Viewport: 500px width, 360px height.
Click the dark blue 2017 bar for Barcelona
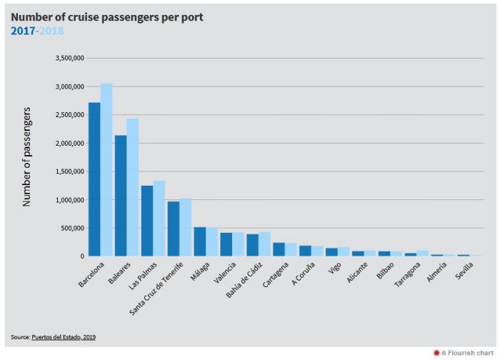pos(94,179)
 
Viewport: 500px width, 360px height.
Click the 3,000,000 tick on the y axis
pos(69,86)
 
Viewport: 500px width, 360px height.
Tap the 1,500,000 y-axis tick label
pos(69,171)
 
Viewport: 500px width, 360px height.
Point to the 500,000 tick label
pos(72,228)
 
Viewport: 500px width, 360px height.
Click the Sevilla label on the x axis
pos(464,272)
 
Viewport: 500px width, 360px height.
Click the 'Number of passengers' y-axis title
pos(27,156)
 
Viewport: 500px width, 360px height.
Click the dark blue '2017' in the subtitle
pos(22,30)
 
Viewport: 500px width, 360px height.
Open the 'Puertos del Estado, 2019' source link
pos(64,336)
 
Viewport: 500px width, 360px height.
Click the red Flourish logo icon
pos(436,353)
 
